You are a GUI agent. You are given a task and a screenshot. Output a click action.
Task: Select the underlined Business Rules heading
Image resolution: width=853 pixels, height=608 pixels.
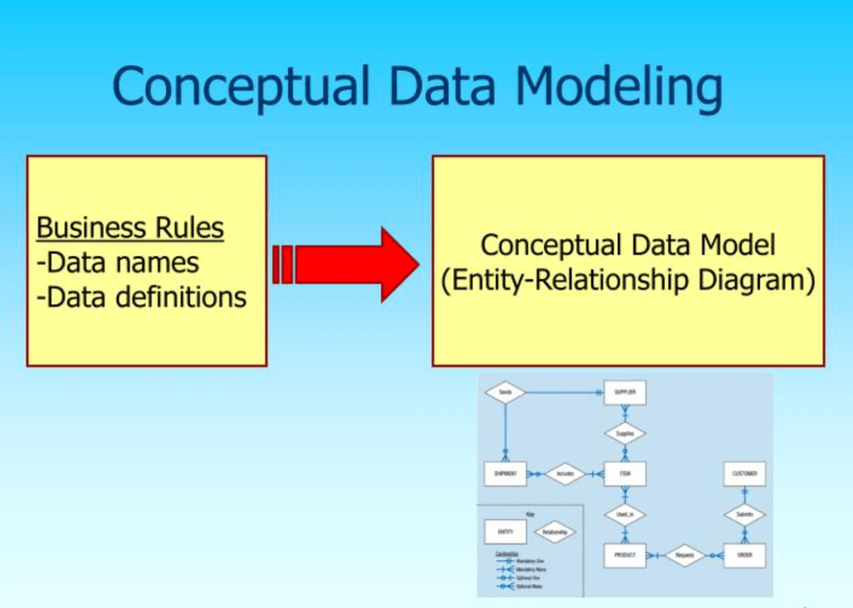coord(131,227)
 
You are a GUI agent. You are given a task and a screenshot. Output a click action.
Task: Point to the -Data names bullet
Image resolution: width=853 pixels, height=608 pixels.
coord(118,262)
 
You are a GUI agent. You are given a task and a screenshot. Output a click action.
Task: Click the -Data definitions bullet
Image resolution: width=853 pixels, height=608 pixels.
coord(142,297)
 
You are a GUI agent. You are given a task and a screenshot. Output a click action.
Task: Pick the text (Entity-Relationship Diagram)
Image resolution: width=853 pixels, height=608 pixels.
coord(628,281)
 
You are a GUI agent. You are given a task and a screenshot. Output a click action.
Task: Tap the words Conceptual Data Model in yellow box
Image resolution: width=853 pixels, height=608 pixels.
coord(628,245)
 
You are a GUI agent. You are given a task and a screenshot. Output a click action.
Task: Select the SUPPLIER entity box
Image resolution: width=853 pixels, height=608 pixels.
coord(625,391)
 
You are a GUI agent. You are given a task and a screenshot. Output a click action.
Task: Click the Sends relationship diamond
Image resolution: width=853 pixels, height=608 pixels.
coord(505,391)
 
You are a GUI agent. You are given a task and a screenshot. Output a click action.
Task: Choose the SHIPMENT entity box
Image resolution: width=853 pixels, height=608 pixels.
coord(505,474)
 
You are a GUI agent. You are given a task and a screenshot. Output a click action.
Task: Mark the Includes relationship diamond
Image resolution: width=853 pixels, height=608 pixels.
coord(566,474)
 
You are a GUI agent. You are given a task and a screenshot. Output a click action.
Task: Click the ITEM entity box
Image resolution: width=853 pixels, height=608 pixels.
coord(625,474)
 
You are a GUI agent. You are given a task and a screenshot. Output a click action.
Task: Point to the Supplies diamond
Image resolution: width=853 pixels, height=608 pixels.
coord(625,433)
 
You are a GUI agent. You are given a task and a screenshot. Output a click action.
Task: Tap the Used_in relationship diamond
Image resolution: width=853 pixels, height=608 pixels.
coord(625,515)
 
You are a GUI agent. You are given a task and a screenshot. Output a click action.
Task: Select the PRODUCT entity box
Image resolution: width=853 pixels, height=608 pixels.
coord(625,555)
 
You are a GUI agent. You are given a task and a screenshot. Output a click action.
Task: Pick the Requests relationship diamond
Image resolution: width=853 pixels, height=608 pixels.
coord(685,555)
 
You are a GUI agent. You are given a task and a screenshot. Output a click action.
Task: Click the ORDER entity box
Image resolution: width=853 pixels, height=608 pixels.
coord(744,555)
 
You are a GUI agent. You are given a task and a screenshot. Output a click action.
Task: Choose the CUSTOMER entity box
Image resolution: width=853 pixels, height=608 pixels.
coord(744,474)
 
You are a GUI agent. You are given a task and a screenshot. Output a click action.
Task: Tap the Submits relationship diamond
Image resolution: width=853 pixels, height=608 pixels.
coord(744,515)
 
